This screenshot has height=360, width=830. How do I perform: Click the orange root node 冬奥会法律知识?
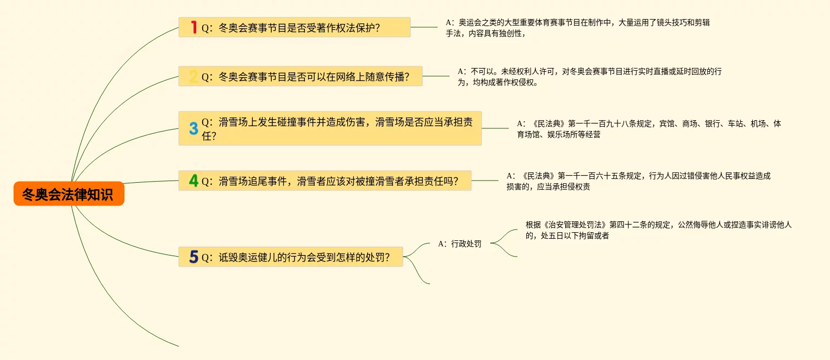click(69, 194)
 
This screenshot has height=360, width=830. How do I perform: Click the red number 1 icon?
click(194, 27)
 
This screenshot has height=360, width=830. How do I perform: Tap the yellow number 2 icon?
click(194, 76)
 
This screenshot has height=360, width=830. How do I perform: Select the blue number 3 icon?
click(194, 128)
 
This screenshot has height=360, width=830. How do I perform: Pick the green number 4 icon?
click(194, 181)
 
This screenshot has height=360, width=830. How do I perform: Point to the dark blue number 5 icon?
click(194, 257)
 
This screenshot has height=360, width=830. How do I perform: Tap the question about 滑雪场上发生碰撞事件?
click(337, 128)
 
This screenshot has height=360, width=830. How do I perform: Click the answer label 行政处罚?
click(460, 244)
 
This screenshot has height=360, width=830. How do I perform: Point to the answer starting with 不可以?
click(589, 77)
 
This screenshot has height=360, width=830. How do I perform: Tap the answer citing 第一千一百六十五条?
click(638, 181)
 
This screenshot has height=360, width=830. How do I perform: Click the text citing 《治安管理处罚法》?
click(658, 230)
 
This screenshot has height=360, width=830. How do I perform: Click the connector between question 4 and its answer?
click(485, 181)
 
